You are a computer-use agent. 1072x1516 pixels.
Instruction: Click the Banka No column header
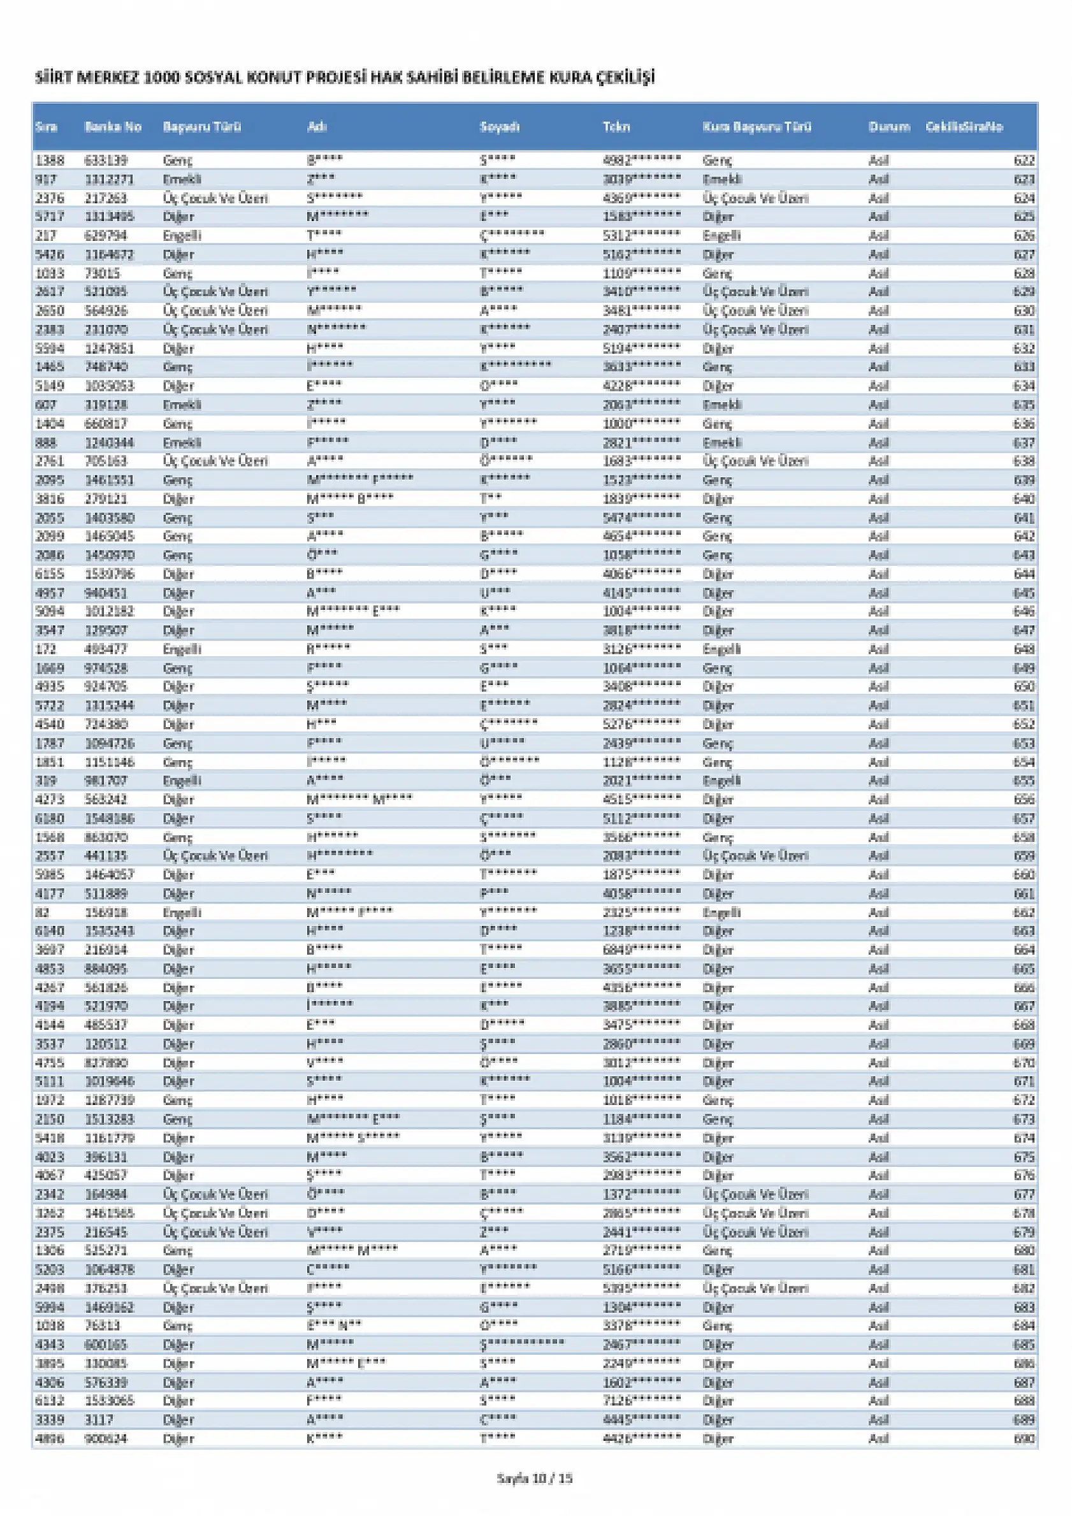[113, 127]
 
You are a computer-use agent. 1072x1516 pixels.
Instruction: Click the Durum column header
[888, 127]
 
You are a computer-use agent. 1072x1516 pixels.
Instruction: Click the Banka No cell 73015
[103, 273]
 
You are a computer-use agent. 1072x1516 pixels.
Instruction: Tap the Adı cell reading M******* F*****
[360, 480]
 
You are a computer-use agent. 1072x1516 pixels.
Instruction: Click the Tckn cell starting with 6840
[641, 950]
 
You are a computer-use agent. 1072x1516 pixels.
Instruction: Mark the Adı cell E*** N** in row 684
[333, 1326]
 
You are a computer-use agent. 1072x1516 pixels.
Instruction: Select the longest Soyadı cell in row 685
[522, 1345]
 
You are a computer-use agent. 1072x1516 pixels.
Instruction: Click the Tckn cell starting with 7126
[641, 1401]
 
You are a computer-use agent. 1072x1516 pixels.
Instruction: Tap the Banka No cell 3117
[99, 1420]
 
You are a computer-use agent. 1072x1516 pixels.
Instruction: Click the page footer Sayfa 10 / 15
[535, 1479]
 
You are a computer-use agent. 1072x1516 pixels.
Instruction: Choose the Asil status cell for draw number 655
[878, 781]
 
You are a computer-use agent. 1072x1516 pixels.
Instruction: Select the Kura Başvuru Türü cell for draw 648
[721, 650]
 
